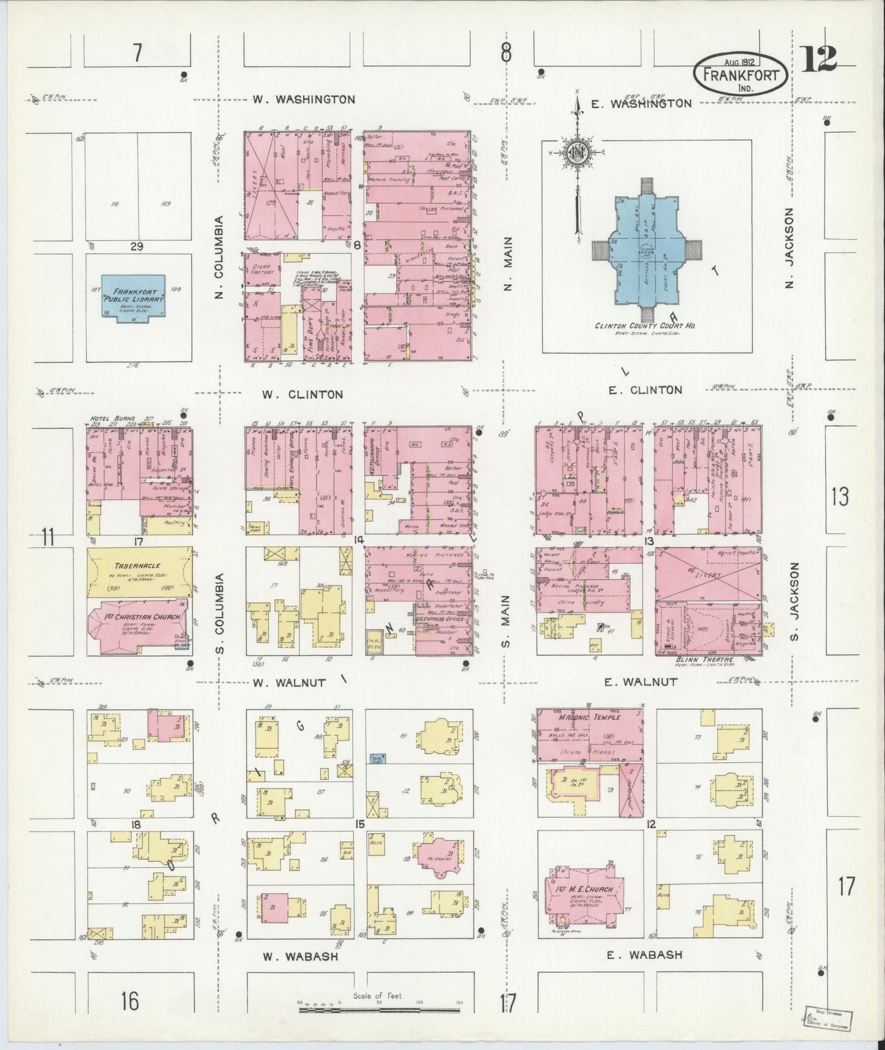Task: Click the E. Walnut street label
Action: pyautogui.click(x=641, y=681)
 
